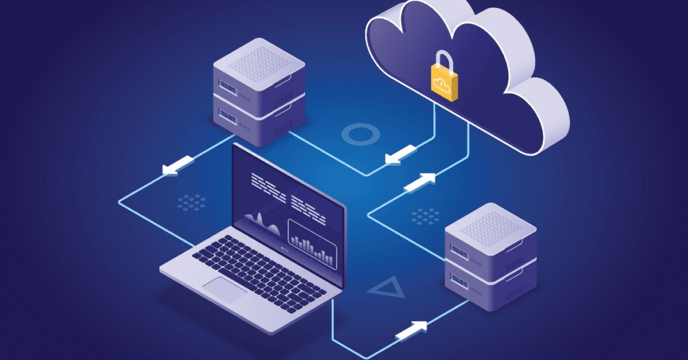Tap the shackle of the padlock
pyautogui.click(x=442, y=60)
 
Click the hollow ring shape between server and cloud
pyautogui.click(x=361, y=134)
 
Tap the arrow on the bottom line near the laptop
pyautogui.click(x=412, y=330)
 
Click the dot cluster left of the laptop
pyautogui.click(x=191, y=201)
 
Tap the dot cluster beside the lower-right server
pyautogui.click(x=425, y=216)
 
